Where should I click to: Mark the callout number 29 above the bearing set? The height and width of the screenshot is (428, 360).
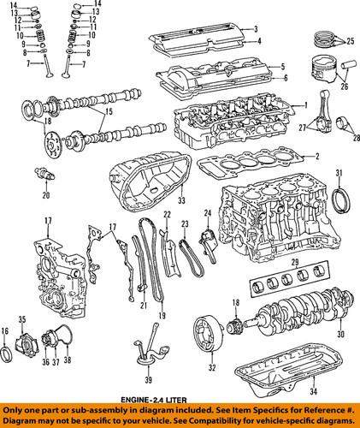(x=296, y=261)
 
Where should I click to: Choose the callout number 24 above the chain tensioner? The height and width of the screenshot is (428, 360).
(x=207, y=212)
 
